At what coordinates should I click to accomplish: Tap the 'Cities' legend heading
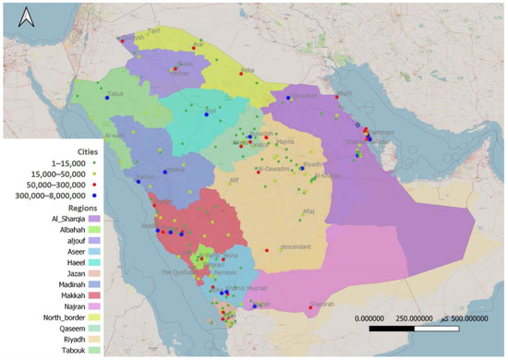[95, 147]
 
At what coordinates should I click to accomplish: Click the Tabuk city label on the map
[115, 94]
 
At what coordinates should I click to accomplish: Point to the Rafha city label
[247, 69]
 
